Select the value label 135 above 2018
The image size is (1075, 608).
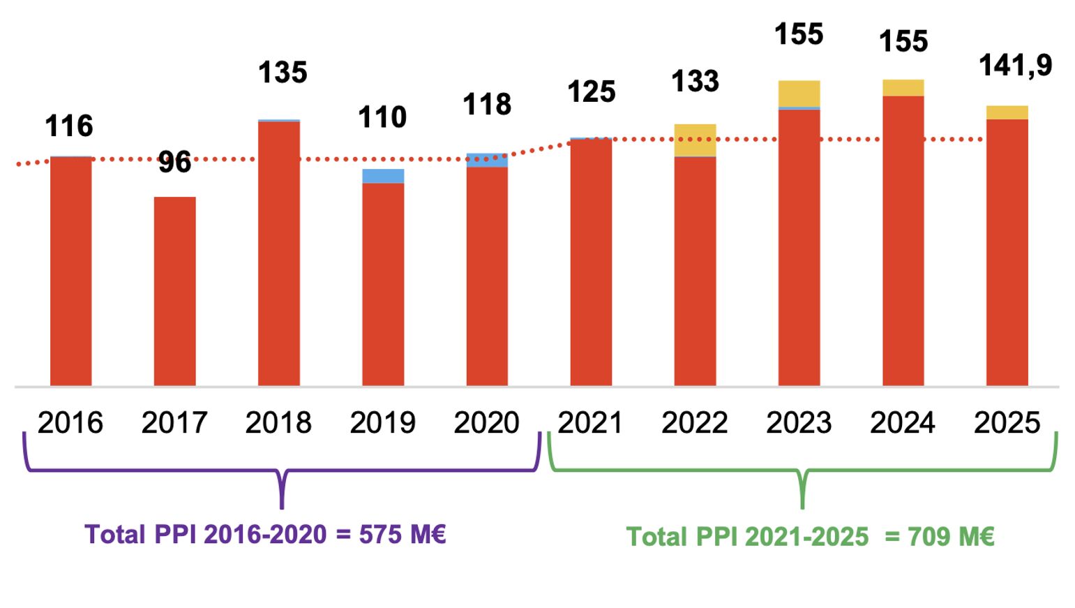click(283, 73)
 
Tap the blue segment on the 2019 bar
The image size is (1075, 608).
click(383, 176)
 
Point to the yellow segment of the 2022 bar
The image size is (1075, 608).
click(695, 140)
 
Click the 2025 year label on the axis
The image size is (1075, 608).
click(1007, 423)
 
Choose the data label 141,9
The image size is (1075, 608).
click(1015, 66)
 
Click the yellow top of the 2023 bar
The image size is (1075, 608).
click(799, 94)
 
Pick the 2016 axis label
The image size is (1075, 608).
click(70, 423)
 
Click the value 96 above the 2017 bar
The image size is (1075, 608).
click(174, 163)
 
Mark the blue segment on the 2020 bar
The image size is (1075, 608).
click(487, 161)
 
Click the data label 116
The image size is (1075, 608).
click(69, 126)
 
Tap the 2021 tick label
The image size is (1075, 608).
click(590, 423)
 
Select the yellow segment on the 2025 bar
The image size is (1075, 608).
click(1007, 112)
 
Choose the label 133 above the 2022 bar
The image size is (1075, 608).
click(695, 82)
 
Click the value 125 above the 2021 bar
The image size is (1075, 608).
click(591, 92)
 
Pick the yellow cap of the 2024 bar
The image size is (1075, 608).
click(903, 88)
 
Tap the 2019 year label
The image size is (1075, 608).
click(382, 423)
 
